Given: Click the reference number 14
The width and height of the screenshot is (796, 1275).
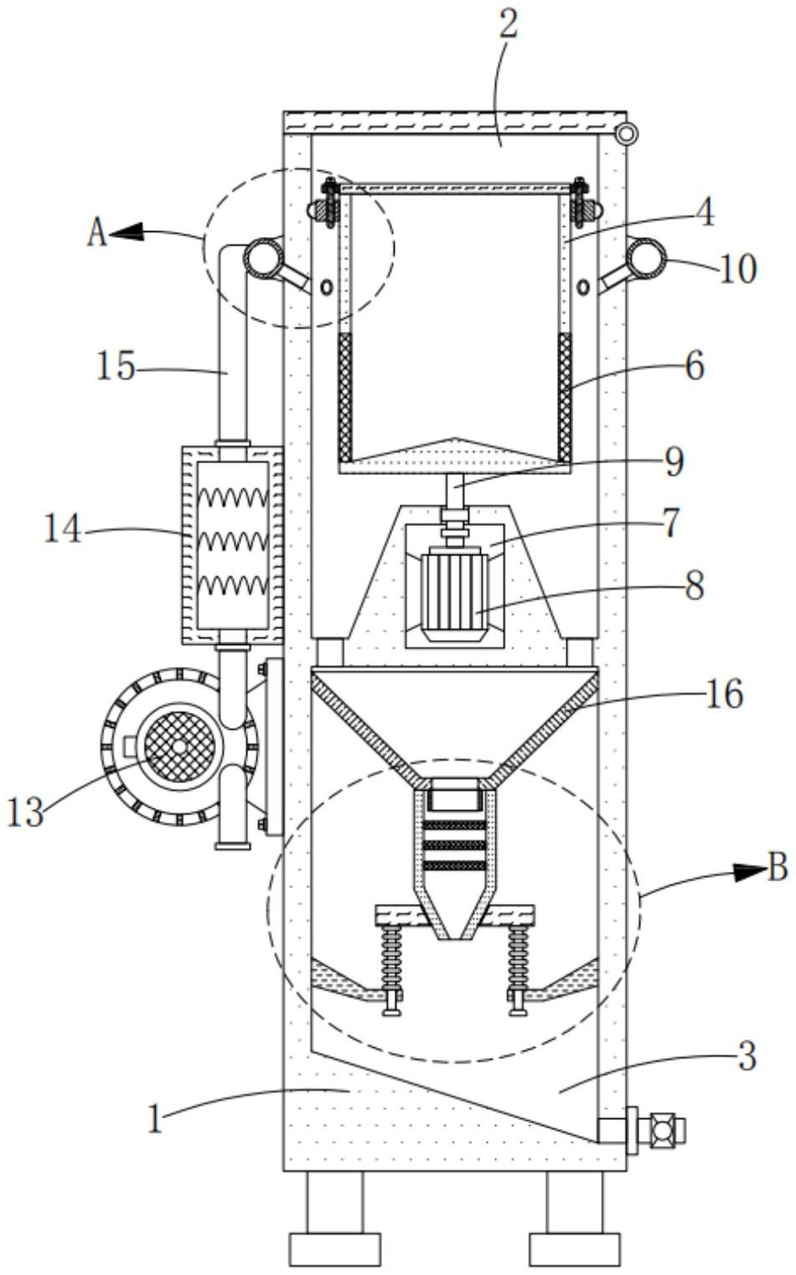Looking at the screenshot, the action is tap(63, 530).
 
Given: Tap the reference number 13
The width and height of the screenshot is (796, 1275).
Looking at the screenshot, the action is tap(25, 812).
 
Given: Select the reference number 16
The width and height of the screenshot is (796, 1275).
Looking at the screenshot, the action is tap(725, 694).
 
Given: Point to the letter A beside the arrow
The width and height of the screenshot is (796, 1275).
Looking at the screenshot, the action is tap(97, 234).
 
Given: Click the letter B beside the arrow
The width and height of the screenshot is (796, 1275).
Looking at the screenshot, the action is tap(778, 868).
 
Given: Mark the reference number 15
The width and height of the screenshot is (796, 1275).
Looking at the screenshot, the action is tap(116, 365).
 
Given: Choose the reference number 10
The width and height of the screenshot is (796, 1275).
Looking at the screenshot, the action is tap(738, 269).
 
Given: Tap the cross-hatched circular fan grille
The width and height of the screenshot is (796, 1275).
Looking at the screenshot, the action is tap(179, 746).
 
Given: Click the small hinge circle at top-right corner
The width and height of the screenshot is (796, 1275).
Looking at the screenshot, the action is tap(627, 134).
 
